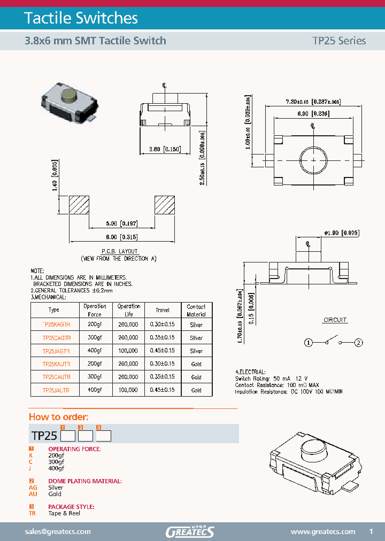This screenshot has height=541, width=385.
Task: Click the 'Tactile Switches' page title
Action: (81, 18)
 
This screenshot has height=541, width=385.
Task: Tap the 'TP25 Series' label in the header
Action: (339, 41)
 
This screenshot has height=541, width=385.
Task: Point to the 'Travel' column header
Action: (163, 310)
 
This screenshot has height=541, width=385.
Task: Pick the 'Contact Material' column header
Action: (196, 310)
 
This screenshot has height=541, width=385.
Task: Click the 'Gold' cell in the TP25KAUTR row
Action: (196, 364)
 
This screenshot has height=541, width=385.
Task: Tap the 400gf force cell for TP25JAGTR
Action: (95, 351)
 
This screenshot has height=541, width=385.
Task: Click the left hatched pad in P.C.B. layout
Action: (79, 205)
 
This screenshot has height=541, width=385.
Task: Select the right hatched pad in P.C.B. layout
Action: (165, 205)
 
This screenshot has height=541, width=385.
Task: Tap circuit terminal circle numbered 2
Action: (359, 342)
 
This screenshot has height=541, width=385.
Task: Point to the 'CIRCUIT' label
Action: (335, 320)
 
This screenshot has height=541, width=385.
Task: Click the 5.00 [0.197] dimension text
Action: (122, 223)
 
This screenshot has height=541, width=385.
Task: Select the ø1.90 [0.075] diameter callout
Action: (341, 233)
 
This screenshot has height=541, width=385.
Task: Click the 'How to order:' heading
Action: (58, 417)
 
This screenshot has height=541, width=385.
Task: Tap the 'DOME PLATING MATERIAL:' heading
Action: (85, 481)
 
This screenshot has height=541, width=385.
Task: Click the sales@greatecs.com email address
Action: (58, 531)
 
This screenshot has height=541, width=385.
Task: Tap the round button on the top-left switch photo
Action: (68, 96)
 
